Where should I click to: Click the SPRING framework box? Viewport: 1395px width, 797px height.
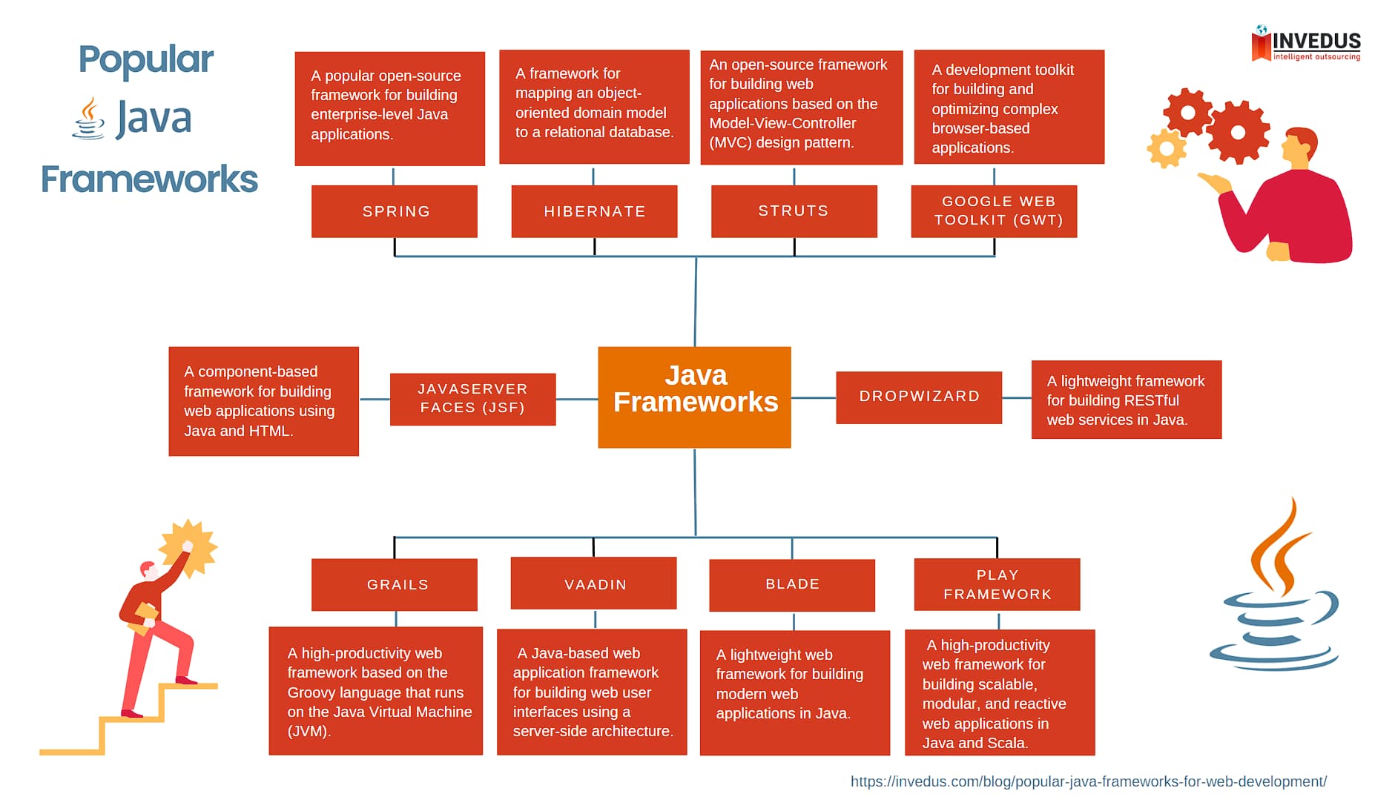394,211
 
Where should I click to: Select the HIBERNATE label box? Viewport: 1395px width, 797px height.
594,211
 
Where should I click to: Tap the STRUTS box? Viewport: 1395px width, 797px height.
794,211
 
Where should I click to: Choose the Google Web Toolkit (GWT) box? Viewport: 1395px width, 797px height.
994,211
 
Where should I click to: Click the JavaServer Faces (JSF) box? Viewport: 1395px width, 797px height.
472,399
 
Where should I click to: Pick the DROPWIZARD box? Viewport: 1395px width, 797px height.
918,397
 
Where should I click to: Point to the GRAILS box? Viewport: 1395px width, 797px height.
394,584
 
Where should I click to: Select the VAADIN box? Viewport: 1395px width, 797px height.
593,583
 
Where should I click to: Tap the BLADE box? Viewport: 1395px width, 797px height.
792,585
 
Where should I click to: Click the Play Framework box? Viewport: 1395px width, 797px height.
997,584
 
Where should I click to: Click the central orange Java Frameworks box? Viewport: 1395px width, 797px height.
694,397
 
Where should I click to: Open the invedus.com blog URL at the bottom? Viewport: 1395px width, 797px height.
1088,781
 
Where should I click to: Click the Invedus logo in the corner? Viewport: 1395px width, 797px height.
1306,44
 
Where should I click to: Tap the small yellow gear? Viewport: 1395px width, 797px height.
1166,149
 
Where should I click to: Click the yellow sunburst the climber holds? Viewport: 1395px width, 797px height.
189,547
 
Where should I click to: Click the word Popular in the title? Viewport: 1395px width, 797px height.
146,59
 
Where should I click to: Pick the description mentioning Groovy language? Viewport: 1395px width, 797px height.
375,691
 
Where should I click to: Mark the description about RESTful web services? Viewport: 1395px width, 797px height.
1126,400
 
